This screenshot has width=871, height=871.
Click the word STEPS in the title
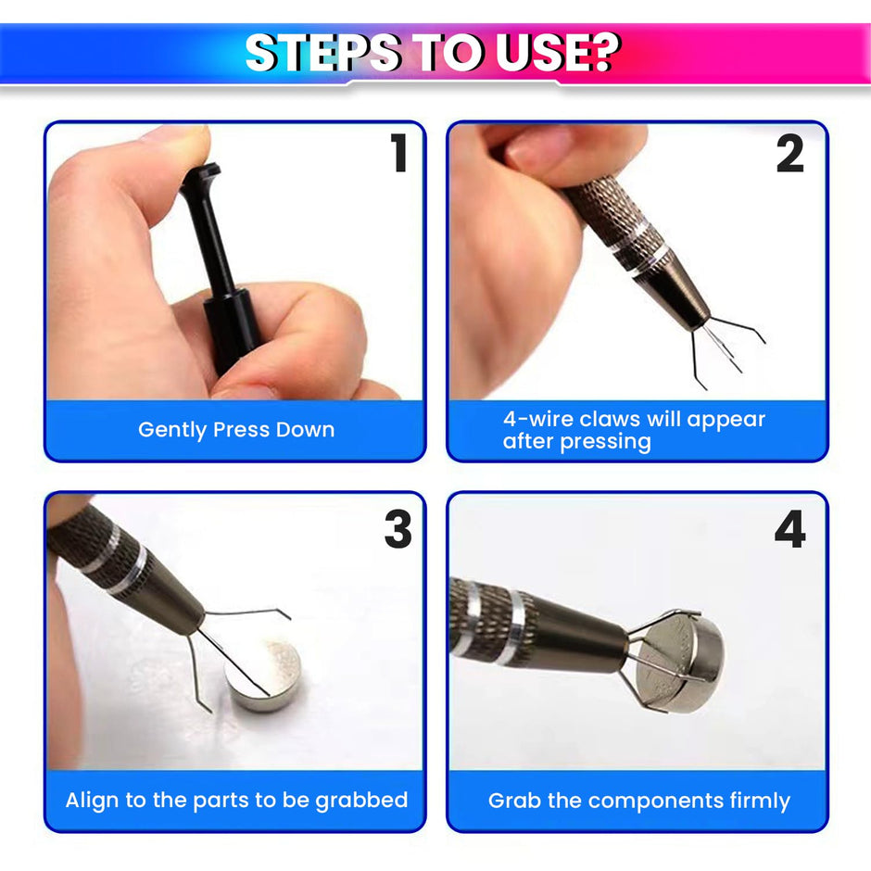coord(322,52)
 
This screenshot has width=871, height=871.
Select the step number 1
coord(398,152)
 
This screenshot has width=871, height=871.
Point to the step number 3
coord(398,529)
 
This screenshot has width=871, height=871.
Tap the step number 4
coord(789,529)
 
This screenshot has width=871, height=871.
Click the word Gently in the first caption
coord(172,431)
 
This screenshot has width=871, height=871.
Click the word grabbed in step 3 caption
coord(361,801)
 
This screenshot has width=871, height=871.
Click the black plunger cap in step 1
coord(201,175)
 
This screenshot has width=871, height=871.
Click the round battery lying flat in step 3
coord(264,674)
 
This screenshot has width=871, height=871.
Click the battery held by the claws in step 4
coord(681,660)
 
